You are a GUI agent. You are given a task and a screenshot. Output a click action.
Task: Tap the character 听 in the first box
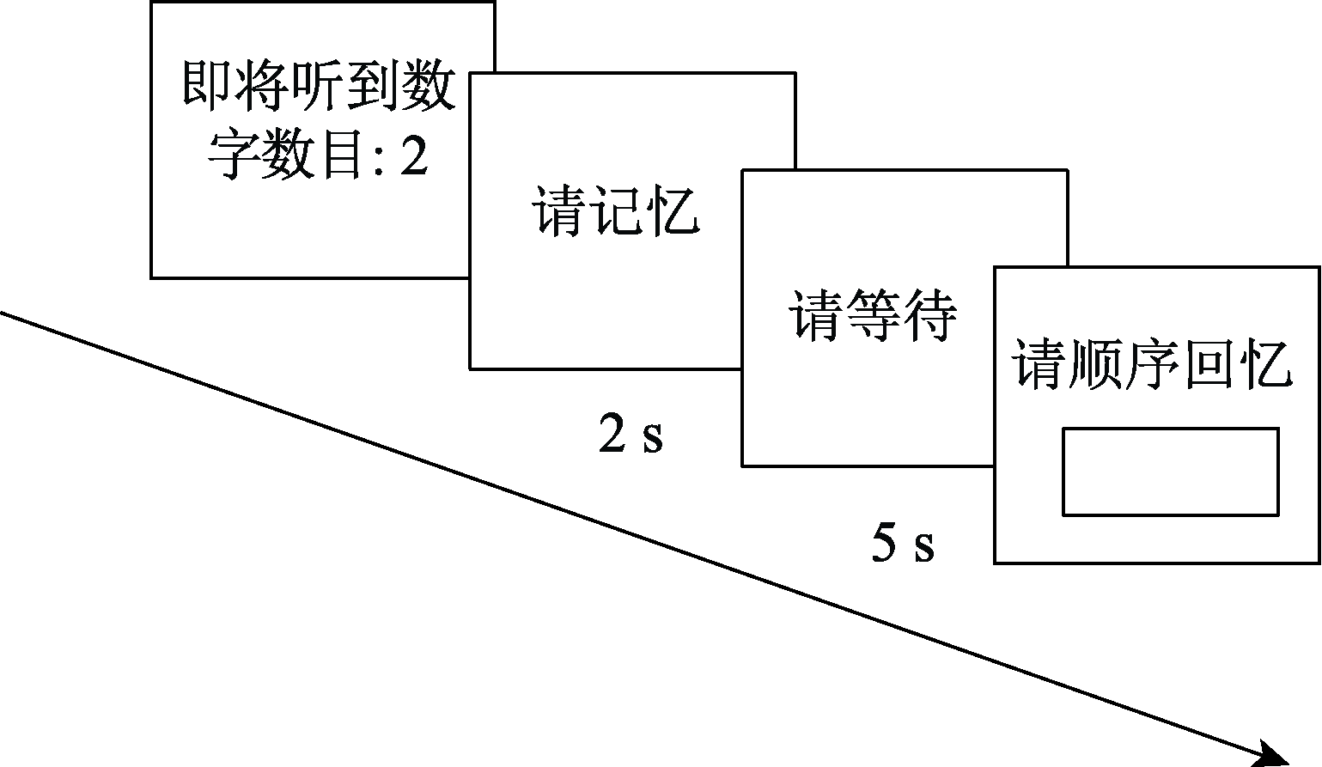(319, 86)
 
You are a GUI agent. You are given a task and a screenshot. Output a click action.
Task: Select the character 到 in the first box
(374, 86)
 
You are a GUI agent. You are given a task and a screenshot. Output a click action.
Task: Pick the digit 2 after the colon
(414, 155)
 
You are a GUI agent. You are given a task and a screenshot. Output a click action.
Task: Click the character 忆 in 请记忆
(672, 210)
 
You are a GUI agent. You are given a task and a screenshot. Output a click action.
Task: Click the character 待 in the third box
(929, 315)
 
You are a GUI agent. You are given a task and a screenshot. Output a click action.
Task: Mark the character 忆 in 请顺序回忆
(1265, 366)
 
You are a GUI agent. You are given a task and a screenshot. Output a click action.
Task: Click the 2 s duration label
(631, 435)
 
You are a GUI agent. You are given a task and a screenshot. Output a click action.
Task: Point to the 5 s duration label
(903, 544)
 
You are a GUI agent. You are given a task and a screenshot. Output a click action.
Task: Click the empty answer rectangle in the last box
(1170, 472)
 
